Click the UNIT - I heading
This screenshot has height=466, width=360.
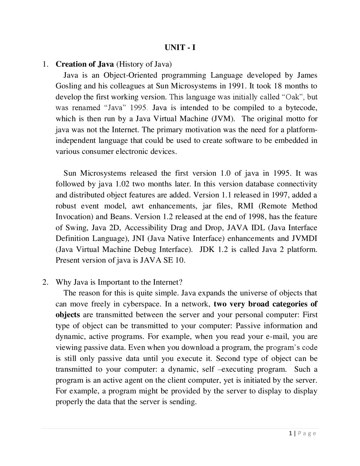coord(180,48)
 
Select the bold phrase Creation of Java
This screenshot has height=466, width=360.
coord(85,64)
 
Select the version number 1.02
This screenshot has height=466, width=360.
coord(122,184)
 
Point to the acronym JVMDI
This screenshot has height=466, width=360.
coord(304,239)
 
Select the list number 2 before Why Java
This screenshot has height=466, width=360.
coord(44,282)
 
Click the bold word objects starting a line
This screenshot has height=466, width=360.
coord(68,315)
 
